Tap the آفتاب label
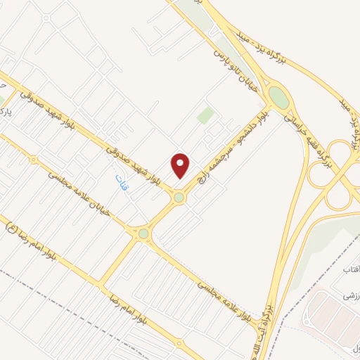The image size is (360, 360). tap(350, 270)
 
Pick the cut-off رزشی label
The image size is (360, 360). tap(349, 298)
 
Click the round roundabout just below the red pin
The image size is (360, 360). tap(179, 198)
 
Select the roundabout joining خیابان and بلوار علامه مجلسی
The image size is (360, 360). tap(143, 233)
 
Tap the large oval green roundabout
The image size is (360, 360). tap(278, 97)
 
